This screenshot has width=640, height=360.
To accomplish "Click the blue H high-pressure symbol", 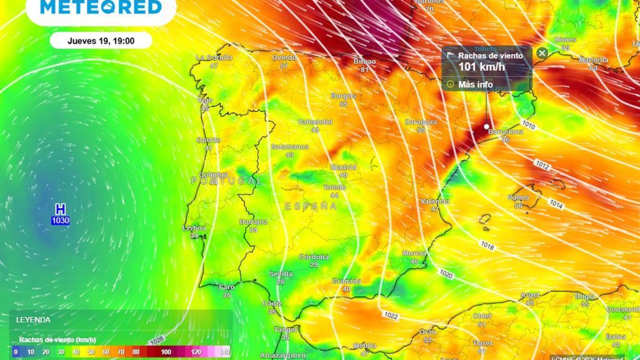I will coord(60,209).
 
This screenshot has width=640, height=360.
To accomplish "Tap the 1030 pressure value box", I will coord(60,220).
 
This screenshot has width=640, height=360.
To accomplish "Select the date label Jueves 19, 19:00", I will coord(101,41).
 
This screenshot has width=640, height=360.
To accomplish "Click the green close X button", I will coord(542,53).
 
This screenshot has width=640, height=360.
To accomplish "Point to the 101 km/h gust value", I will coord(481,67).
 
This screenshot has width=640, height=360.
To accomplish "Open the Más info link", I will coord(475,84).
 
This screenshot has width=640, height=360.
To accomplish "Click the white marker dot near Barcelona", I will coord(487,127).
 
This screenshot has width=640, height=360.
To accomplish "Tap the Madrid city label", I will coord(343,167).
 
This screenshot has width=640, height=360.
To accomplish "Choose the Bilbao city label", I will coord(365,61).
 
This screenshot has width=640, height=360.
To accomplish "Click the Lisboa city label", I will coord(194,228).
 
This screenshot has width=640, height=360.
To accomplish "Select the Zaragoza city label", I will coord(421,122).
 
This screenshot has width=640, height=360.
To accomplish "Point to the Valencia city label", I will coord(435,201).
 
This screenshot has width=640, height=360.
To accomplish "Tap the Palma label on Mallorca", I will coord(518,198).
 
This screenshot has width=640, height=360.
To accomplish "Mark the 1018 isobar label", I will coord(487,245).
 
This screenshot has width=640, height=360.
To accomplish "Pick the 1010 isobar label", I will coord(528,124).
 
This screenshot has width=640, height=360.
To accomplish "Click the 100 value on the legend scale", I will coord(166,352).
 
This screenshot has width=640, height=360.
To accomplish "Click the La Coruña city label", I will coord(214,58).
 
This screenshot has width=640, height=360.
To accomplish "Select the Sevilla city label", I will coord(281,274).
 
